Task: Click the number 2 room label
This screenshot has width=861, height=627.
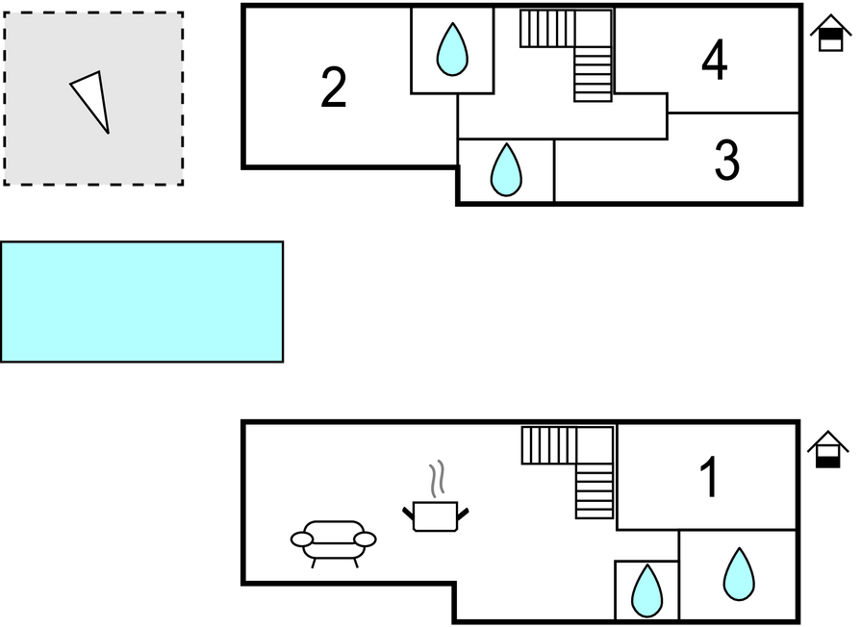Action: pos(333,88)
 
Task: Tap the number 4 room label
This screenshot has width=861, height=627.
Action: pos(714,63)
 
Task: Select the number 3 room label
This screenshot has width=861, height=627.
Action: pos(726,162)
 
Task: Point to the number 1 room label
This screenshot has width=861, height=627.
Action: pos(709,478)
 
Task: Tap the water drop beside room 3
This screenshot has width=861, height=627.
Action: pos(505,170)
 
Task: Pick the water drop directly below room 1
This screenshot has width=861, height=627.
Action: pos(739,574)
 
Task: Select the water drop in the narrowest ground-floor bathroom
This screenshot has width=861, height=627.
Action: pos(646,590)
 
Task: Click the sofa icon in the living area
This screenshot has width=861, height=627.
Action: pos(333,541)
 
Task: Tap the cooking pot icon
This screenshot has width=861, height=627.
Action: pos(435,515)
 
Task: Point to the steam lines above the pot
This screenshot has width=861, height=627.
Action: pos(437,478)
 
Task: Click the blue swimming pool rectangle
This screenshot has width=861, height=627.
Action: pos(141,301)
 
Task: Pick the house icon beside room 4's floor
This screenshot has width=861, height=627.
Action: pos(830,35)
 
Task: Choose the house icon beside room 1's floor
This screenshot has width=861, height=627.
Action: pos(827,449)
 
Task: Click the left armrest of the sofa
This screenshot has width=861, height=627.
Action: pos(302,539)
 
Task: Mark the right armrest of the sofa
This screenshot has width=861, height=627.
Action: pos(365,539)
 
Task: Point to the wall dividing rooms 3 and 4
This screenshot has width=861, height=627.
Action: pos(733,113)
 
